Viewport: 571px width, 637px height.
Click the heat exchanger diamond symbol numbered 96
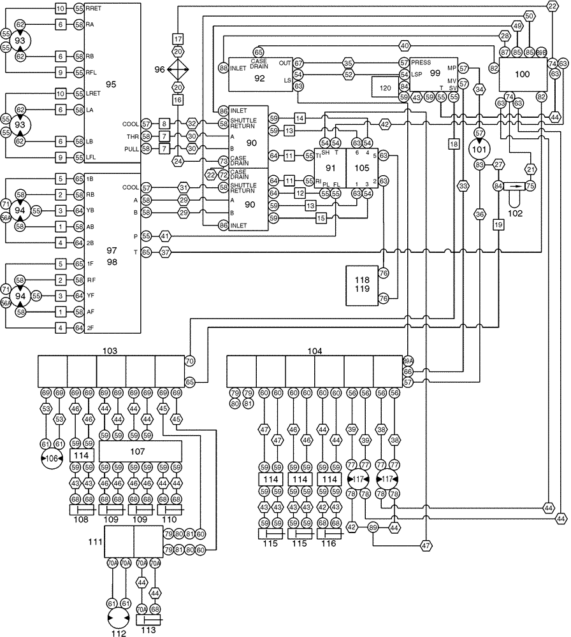(x=178, y=69)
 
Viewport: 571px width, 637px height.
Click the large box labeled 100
(x=522, y=75)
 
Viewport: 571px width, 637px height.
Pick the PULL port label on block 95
(x=130, y=148)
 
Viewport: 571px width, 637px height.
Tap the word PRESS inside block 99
(x=421, y=63)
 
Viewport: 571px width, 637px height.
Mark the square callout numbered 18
(x=454, y=145)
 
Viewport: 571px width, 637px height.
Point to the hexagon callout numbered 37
(x=165, y=253)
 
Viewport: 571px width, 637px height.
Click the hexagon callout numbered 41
(x=165, y=236)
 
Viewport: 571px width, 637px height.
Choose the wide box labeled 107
(x=140, y=451)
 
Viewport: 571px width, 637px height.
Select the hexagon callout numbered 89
(x=373, y=527)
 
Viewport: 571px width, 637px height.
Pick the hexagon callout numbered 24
(x=178, y=161)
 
